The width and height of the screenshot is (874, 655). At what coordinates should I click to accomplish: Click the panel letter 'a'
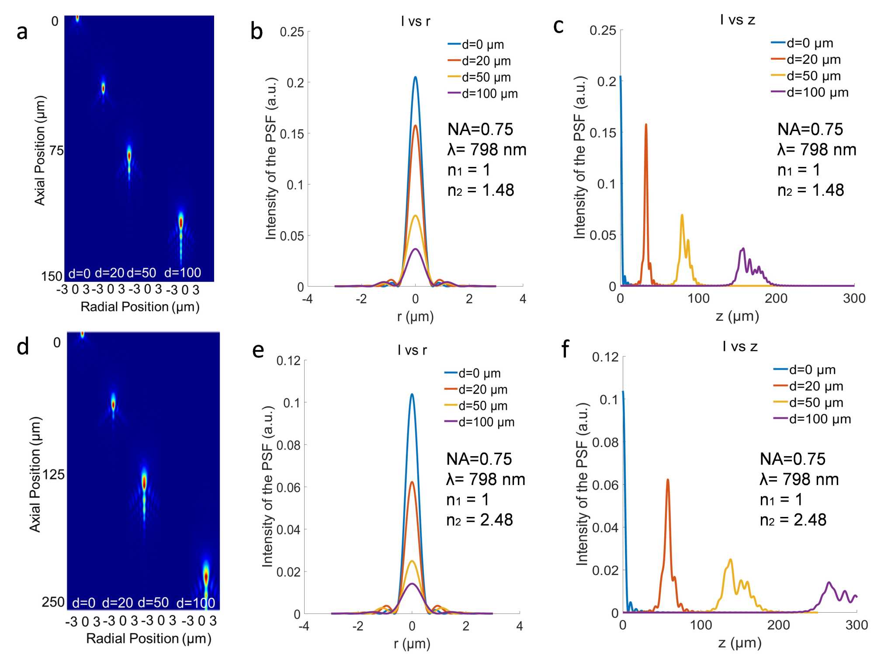pos(22,32)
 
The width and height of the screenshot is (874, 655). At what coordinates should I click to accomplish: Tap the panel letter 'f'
pos(565,349)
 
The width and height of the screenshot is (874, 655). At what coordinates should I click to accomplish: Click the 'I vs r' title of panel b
pos(415,21)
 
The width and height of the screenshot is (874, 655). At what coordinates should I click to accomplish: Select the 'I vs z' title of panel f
pos(740,347)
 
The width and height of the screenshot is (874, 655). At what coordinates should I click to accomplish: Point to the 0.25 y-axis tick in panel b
pos(291,32)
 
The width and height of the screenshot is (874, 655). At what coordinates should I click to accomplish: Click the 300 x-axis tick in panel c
pos(854,299)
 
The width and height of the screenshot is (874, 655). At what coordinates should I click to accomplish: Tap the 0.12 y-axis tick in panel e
pos(288,361)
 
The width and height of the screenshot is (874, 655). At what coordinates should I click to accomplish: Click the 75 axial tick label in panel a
pos(56,151)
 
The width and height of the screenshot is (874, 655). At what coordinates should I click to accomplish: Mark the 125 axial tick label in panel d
pos(53,475)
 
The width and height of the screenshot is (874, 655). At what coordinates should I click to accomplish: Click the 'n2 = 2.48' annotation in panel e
pos(479,520)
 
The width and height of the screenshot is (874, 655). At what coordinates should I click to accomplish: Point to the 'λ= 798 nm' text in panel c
pos(816,150)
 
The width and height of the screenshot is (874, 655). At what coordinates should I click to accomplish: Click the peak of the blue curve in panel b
pos(415,77)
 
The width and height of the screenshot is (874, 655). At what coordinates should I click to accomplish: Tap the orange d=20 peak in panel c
pos(646,125)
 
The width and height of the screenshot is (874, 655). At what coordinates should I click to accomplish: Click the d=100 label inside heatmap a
pos(182,273)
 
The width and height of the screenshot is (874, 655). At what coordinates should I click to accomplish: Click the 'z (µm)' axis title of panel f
pos(739,643)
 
